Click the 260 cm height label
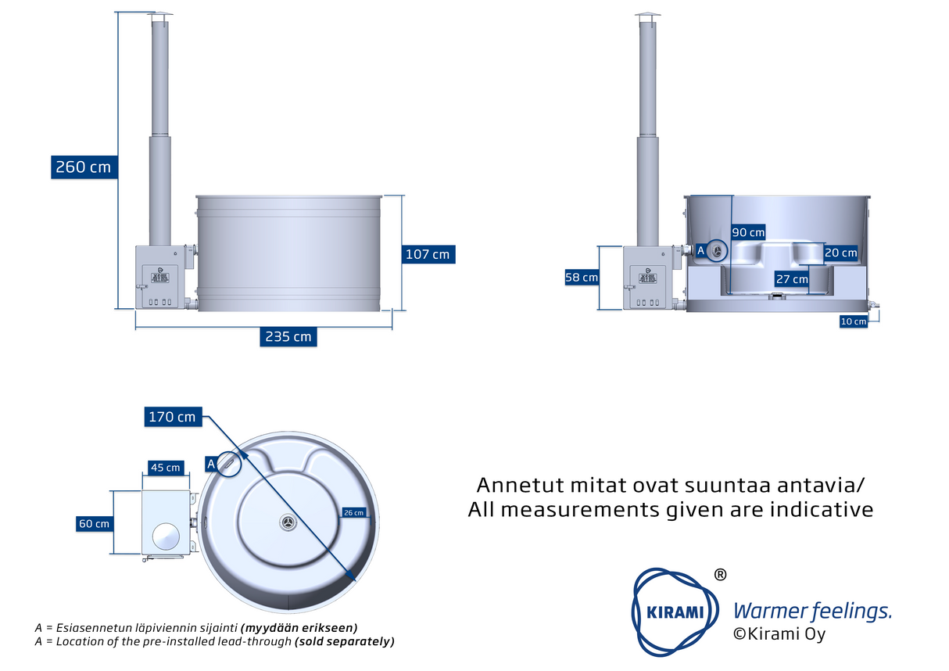click(84, 167)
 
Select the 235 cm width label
click(288, 336)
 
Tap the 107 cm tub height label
click(428, 254)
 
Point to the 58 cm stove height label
click(582, 278)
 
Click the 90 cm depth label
click(748, 232)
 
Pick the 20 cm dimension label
click(840, 253)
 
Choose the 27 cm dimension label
click(792, 279)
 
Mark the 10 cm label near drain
click(854, 321)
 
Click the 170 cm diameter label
click(173, 417)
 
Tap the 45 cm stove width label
click(166, 468)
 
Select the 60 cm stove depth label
click(94, 523)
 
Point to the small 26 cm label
click(353, 512)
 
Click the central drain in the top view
click(288, 522)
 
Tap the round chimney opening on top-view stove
click(166, 536)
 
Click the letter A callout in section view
click(700, 250)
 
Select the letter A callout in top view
click(211, 464)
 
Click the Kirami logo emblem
click(675, 612)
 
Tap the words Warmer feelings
click(812, 612)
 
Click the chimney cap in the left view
click(160, 16)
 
